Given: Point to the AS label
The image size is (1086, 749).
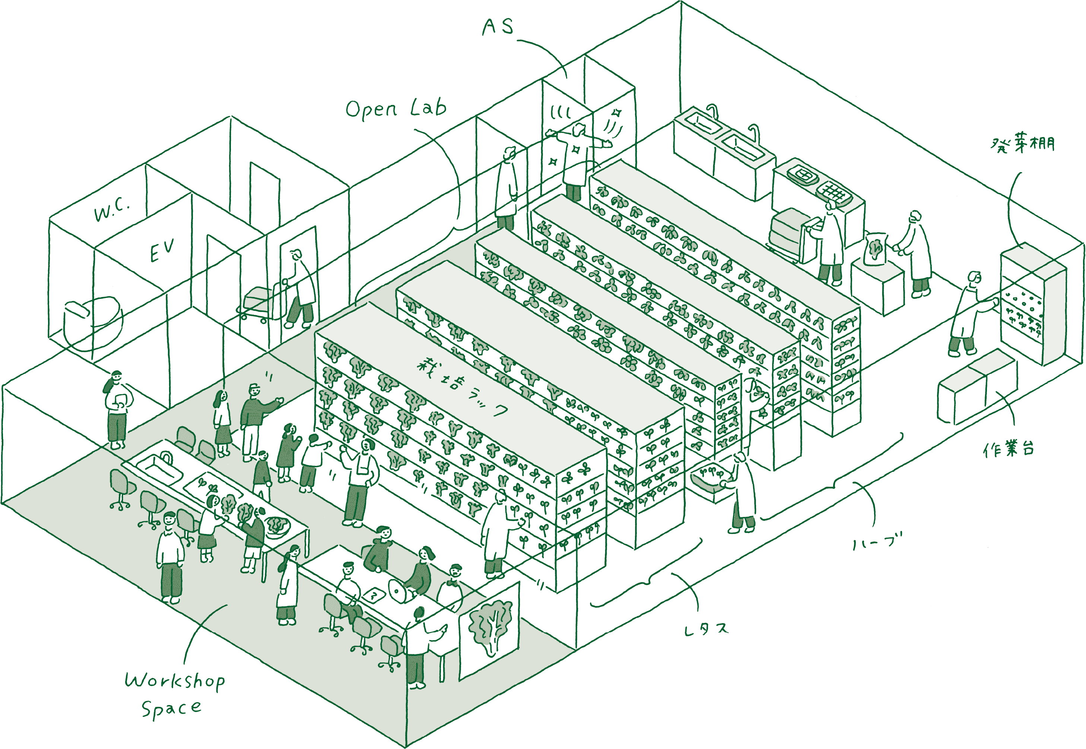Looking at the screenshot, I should click(498, 27).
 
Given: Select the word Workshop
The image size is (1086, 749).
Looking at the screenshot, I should click(174, 680).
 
